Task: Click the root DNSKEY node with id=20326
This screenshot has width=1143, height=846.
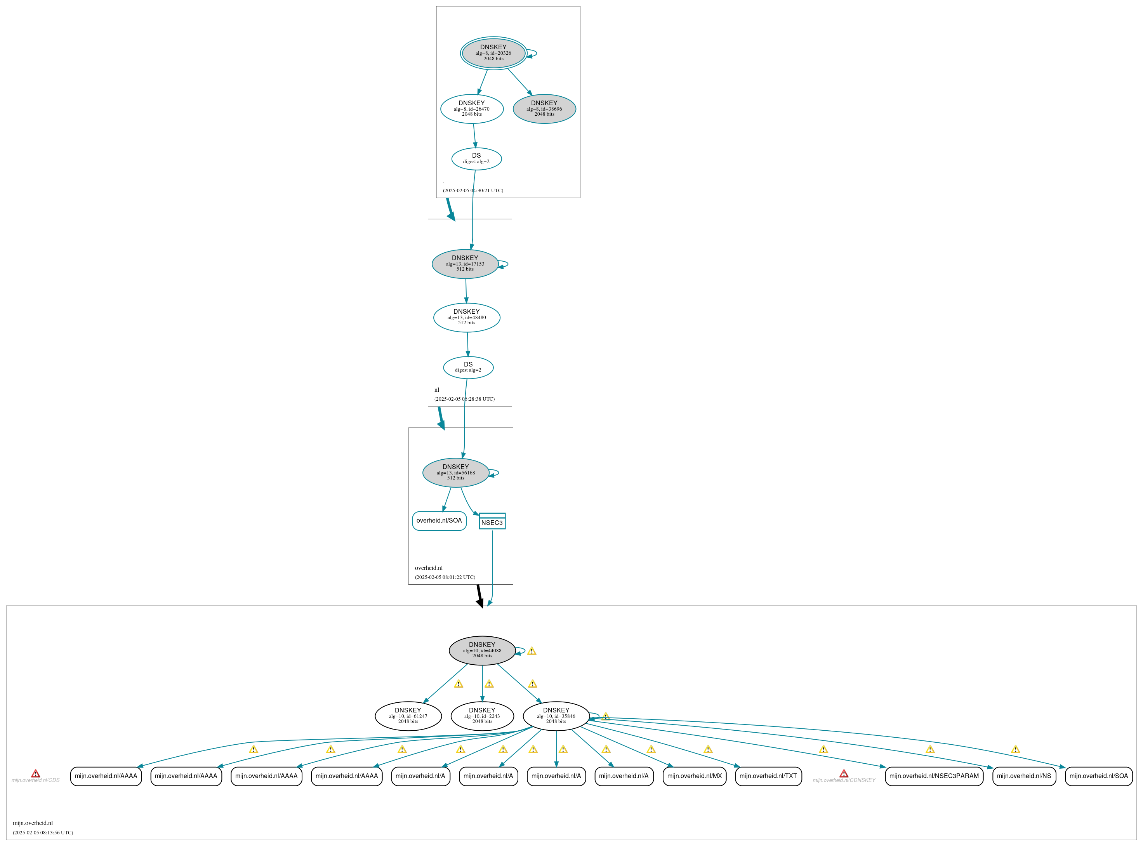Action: tap(493, 53)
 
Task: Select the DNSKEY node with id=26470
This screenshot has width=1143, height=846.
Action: tap(472, 109)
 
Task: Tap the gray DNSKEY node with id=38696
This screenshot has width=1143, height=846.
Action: tap(544, 109)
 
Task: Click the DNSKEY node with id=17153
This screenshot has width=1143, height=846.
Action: tap(465, 264)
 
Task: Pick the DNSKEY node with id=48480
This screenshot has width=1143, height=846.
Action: tap(467, 318)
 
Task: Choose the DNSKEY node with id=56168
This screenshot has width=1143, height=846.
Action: tap(455, 472)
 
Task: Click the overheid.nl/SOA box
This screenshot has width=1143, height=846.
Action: tap(439, 521)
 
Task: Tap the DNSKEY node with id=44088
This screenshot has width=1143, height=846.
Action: tap(482, 650)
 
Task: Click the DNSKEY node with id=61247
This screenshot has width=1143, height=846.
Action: tap(408, 716)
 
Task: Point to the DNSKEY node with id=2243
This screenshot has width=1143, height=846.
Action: tap(482, 716)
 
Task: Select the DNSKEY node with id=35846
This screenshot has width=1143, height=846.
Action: tap(556, 716)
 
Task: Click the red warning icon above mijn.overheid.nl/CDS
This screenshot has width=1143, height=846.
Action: tap(35, 773)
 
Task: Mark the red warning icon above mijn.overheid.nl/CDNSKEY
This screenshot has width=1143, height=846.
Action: tap(843, 773)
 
